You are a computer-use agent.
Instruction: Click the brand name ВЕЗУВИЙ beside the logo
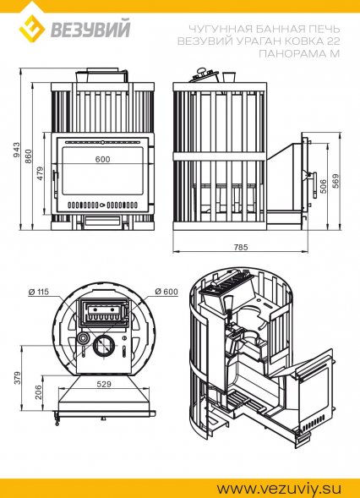click(90, 30)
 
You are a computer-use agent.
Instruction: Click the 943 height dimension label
click(16, 150)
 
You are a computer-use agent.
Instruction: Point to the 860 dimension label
click(29, 156)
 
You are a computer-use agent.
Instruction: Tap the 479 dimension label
click(41, 173)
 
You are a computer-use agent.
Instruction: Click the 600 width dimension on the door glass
click(102, 159)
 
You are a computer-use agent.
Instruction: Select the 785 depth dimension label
click(241, 247)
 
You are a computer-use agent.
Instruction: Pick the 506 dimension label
click(323, 187)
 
